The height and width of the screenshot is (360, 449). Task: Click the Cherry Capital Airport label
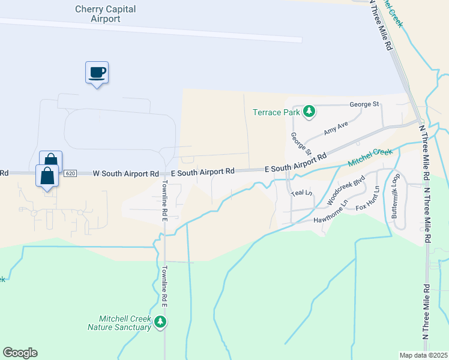106,14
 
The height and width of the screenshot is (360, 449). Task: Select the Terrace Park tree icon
309,111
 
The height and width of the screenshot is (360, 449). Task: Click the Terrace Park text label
276,112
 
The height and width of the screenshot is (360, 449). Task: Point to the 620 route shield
70,173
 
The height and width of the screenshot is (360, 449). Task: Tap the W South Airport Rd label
122,173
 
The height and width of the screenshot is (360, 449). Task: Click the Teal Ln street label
302,193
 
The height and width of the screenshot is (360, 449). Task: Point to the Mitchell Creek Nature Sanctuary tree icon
160,322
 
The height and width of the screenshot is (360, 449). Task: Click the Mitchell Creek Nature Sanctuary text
119,323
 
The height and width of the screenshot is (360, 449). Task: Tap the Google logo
20,353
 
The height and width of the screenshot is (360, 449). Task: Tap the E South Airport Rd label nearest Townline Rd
202,172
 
